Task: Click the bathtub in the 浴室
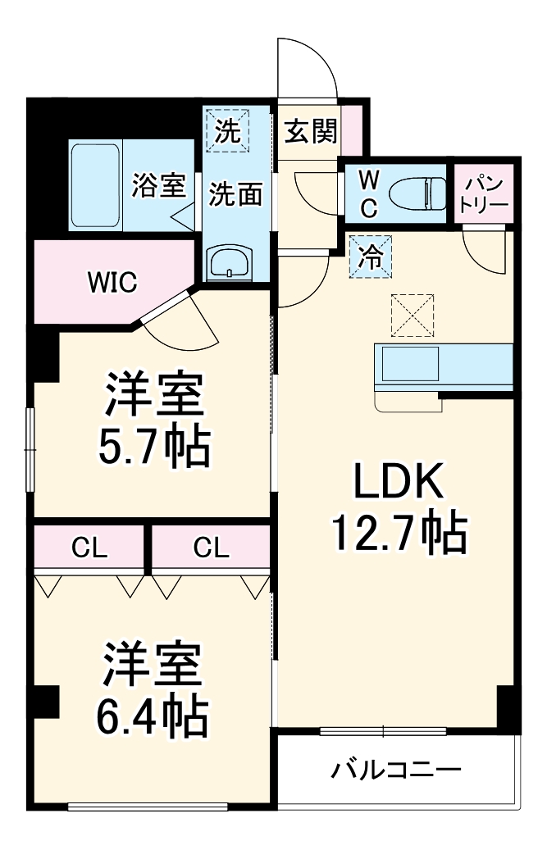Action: tap(95, 186)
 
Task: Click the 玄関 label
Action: tap(309, 130)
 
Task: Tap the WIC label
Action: tap(113, 282)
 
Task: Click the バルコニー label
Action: tap(396, 770)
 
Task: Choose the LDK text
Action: tap(399, 483)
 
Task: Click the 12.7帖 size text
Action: tap(399, 534)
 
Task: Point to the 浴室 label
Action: tap(158, 186)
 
